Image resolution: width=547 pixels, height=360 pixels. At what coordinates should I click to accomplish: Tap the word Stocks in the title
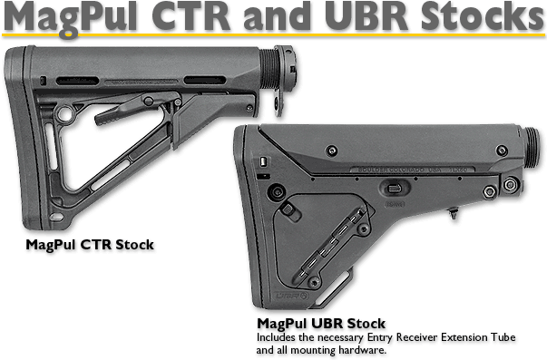(473, 17)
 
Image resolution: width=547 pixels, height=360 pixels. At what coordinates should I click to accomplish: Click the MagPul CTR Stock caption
(90, 245)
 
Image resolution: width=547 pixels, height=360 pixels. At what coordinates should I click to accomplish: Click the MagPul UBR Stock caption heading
(321, 323)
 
